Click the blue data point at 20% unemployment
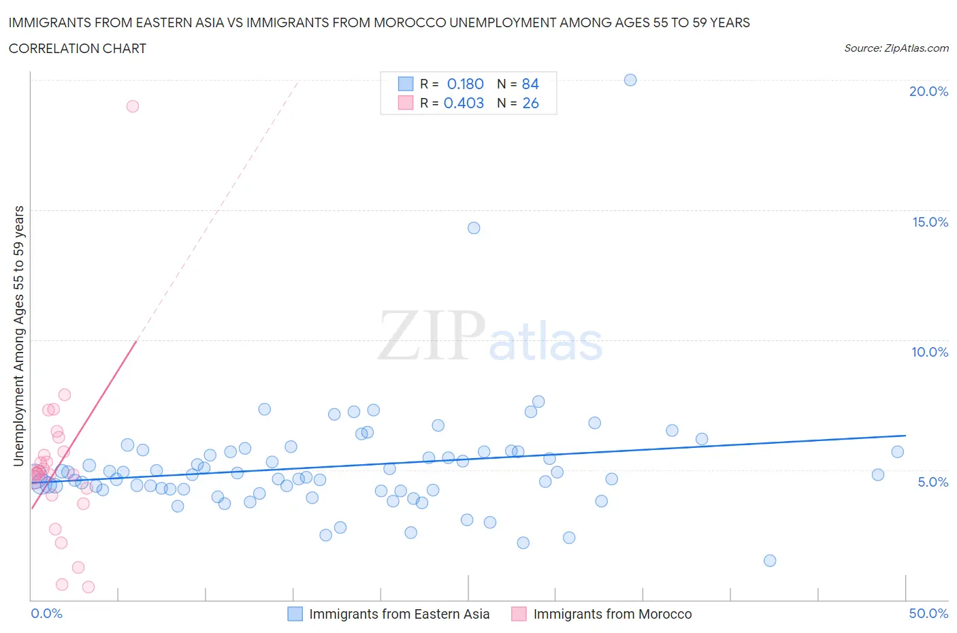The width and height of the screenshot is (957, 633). [x=630, y=80]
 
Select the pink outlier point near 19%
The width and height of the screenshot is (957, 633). [x=133, y=106]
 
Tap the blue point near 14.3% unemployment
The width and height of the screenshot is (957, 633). [x=474, y=228]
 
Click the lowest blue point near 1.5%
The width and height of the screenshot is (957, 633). [x=770, y=561]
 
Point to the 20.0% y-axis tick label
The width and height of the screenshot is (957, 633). [x=928, y=91]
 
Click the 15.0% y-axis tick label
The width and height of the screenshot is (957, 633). [x=930, y=222]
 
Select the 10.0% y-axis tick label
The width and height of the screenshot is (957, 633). [x=930, y=352]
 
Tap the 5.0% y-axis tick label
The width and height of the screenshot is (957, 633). [x=932, y=482]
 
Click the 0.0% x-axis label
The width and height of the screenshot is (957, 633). [x=46, y=613]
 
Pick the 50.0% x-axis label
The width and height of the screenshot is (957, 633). [x=928, y=613]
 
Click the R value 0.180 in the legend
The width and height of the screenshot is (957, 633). [x=465, y=84]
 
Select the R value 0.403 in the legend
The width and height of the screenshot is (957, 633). [x=464, y=103]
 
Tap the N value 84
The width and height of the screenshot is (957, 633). [x=530, y=84]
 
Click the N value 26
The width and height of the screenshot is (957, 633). [x=530, y=103]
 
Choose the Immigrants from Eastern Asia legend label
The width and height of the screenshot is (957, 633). [x=399, y=614]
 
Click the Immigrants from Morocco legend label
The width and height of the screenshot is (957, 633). [x=612, y=614]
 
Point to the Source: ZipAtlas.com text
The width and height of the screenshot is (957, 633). [x=896, y=48]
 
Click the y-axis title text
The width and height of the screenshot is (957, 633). [x=18, y=336]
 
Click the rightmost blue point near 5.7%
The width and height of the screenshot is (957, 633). [x=897, y=452]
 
